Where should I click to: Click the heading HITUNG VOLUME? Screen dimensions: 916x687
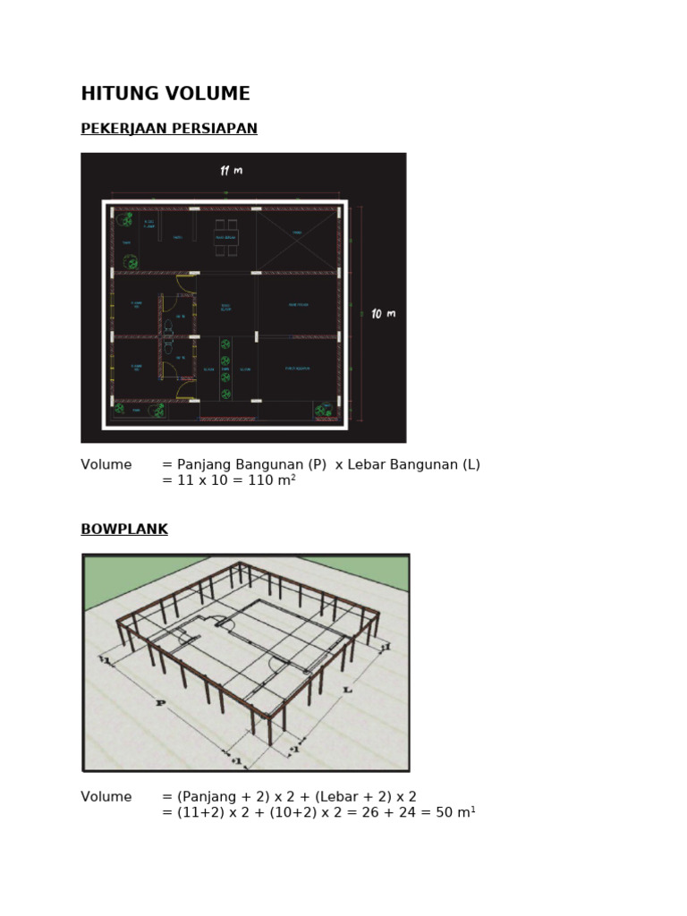tap(165, 94)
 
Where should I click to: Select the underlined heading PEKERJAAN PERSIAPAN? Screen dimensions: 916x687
tap(169, 129)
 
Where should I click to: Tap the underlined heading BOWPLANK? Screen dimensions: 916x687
tap(124, 530)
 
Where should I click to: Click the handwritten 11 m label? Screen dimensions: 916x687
tap(231, 171)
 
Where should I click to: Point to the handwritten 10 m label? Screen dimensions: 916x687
tap(383, 314)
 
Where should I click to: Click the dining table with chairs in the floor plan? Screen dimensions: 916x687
tap(225, 237)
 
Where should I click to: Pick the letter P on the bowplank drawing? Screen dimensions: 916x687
tap(161, 704)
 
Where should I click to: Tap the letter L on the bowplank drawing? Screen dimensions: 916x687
tap(347, 690)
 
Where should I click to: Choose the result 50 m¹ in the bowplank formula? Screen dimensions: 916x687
tap(456, 813)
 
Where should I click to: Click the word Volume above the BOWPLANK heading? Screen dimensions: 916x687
tap(106, 465)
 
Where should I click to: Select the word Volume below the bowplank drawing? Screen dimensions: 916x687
tap(106, 797)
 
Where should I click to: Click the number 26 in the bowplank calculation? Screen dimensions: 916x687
tap(351, 813)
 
